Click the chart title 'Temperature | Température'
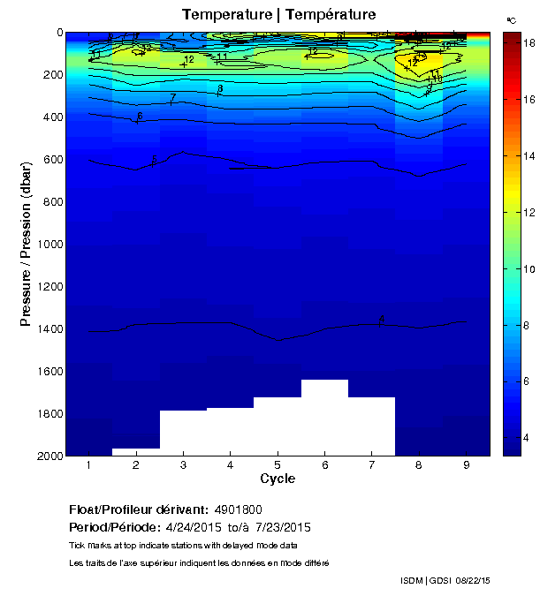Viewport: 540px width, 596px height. coord(278,15)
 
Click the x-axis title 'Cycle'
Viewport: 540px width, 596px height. coord(278,479)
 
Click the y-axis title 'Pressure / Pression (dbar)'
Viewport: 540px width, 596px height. coord(27,243)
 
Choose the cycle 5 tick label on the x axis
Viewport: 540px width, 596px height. coord(278,465)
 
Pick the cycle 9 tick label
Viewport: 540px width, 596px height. coord(466,465)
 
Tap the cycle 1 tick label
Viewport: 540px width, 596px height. coord(89,465)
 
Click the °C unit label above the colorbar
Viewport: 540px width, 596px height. coord(511,19)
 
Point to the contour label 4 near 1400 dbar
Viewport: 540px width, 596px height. coord(381,320)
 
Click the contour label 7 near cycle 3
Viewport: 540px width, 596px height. coord(173,97)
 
